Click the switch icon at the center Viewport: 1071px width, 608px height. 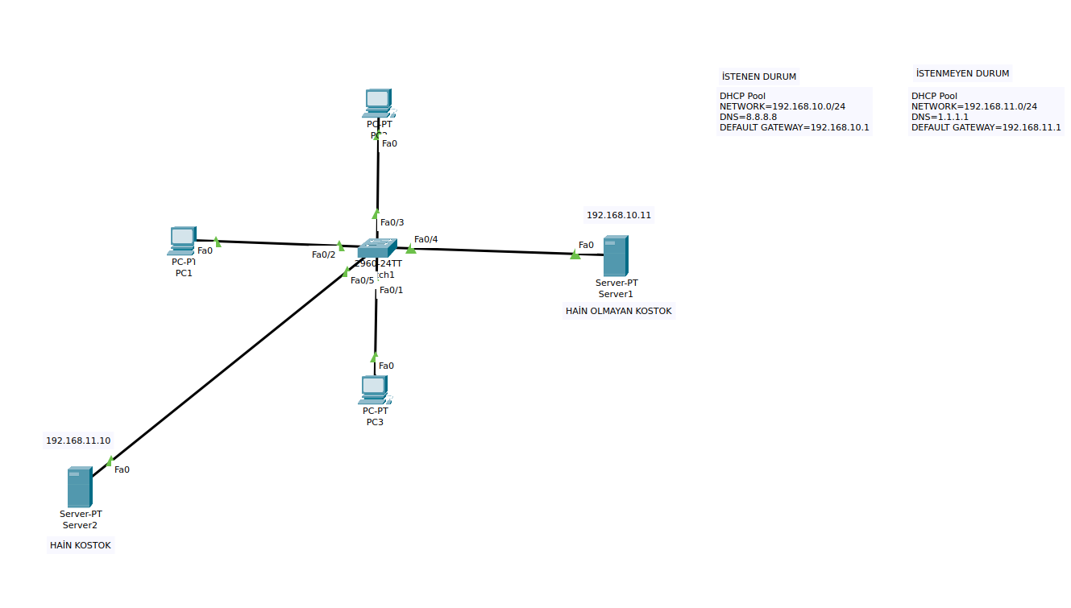point(378,248)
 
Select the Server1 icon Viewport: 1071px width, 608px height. point(616,256)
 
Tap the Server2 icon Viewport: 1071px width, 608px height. point(79,486)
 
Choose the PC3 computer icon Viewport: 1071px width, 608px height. point(374,390)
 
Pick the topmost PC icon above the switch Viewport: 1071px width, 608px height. point(376,103)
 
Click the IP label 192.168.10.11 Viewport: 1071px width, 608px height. point(618,215)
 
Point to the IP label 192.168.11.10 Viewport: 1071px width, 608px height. point(78,440)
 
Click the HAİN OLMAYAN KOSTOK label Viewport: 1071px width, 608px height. point(618,311)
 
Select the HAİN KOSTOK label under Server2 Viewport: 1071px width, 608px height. point(81,545)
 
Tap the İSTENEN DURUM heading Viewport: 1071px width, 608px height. point(758,77)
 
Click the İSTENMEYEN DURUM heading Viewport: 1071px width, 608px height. point(961,73)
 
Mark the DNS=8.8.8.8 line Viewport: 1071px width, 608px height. point(748,117)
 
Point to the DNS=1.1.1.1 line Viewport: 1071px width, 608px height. point(940,117)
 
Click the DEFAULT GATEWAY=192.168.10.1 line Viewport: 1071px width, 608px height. point(794,127)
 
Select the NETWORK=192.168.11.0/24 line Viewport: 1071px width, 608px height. point(973,106)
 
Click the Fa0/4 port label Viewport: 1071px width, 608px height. point(426,239)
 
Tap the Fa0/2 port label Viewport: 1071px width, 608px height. point(323,254)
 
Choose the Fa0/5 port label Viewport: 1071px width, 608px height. point(362,280)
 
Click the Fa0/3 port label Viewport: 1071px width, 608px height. point(392,222)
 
